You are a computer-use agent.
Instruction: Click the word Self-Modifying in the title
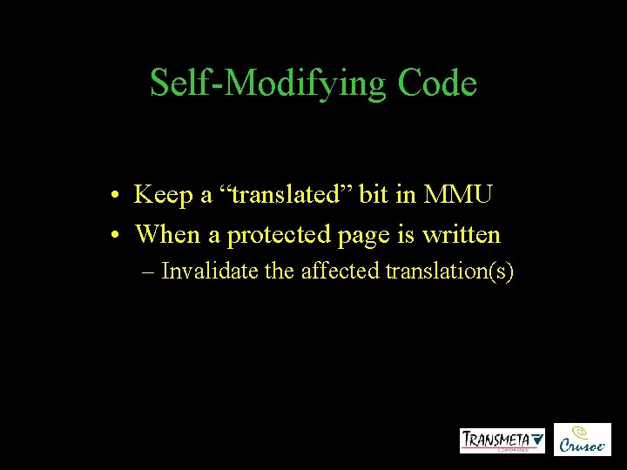pyautogui.click(x=258, y=84)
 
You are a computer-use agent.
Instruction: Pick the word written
pyautogui.click(x=466, y=233)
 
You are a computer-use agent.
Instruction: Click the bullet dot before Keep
pyautogui.click(x=116, y=196)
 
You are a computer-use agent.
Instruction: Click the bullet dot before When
pyautogui.click(x=116, y=234)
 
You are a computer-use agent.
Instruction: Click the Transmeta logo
pyautogui.click(x=502, y=440)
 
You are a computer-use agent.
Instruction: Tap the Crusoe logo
pyautogui.click(x=583, y=440)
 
